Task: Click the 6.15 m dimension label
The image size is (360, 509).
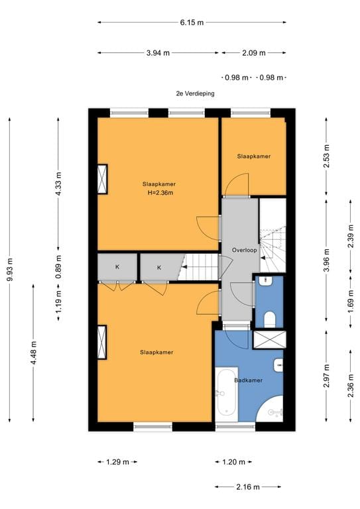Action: point(192,23)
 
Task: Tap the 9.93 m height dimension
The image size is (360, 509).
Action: point(10,270)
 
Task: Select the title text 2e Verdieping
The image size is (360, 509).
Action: point(195,93)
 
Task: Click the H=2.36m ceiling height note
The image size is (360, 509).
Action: point(160,192)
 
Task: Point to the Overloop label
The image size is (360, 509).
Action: point(244,250)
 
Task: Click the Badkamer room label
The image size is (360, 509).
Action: point(249,380)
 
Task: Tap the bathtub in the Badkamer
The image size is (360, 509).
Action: point(227,394)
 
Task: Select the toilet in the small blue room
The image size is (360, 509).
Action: point(269,319)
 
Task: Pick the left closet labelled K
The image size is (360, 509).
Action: point(117,267)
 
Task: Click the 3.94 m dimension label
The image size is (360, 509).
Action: point(158,53)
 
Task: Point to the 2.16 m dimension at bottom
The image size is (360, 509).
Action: point(248,486)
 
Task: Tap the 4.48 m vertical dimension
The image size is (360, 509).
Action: point(33,353)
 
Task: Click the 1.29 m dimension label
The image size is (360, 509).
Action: point(117,461)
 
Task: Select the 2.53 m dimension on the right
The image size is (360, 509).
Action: point(326,156)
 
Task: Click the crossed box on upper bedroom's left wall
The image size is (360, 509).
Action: point(103,179)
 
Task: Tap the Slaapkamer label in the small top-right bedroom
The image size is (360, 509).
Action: point(253,156)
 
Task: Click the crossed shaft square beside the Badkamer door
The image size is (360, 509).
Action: point(269,339)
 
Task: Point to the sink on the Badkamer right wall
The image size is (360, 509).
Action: point(278,366)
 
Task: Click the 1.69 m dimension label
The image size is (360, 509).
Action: point(351,302)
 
